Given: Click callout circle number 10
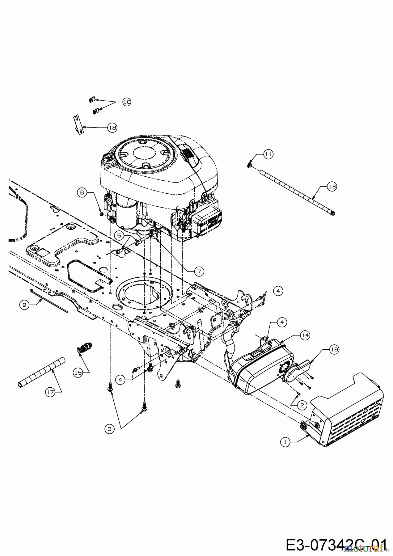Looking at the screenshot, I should click(126, 102).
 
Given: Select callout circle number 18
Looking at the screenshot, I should click(112, 127).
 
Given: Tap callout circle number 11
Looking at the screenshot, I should click(268, 154).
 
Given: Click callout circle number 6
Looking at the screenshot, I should click(82, 192).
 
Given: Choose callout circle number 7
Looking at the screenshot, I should click(199, 271).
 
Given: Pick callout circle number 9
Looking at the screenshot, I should click(24, 305).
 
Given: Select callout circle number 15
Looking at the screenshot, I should click(78, 373).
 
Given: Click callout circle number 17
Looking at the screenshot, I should click(50, 392).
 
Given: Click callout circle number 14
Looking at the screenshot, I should click(305, 335).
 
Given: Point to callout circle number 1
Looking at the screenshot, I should click(285, 442).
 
